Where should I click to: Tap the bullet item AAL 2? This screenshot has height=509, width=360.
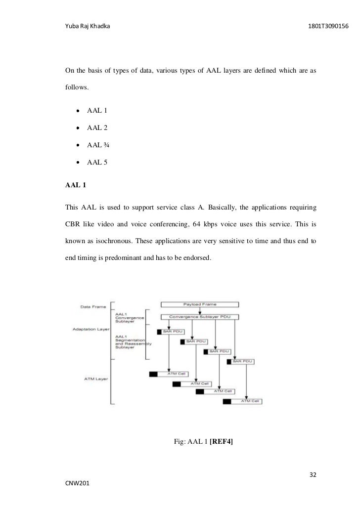point(97,127)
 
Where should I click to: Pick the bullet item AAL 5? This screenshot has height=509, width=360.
point(97,162)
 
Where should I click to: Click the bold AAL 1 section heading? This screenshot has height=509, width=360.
point(76,186)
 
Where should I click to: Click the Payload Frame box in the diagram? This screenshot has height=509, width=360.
point(200,304)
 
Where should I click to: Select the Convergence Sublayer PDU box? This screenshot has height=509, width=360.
point(200,316)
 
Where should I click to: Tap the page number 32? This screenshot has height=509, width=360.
point(313,475)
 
